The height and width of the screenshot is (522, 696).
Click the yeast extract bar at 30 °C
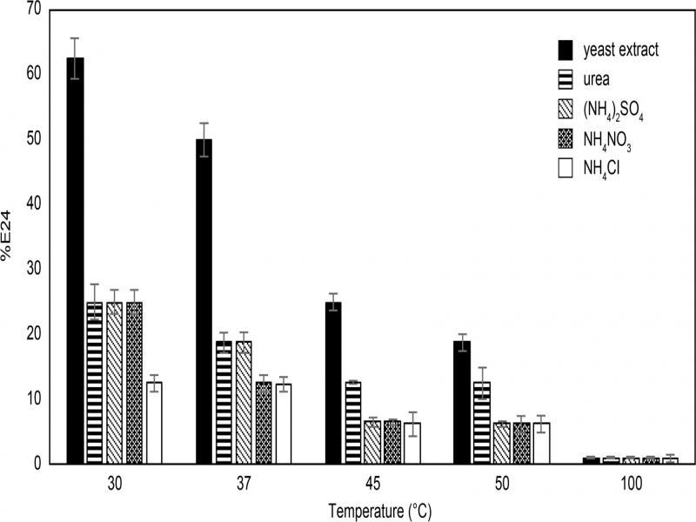75,260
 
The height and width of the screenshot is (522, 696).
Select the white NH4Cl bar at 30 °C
154,423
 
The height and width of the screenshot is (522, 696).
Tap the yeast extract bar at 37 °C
204,301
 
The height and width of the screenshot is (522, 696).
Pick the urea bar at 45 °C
353,423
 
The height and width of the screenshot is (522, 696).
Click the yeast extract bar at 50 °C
462,403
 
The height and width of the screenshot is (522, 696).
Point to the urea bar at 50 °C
482,423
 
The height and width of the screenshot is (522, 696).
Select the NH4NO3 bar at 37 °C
264,423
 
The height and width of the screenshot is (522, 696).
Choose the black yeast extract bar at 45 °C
333,383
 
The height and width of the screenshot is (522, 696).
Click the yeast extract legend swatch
565,50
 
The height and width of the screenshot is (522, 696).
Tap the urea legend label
596,79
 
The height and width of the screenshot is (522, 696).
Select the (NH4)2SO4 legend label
613,110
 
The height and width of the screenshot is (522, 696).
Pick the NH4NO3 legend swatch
565,138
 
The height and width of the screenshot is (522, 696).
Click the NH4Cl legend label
601,169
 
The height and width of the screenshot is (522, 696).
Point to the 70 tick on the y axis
34,9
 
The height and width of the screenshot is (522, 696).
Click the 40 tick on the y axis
34,204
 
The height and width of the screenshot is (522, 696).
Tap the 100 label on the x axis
632,484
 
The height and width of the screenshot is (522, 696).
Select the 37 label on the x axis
244,484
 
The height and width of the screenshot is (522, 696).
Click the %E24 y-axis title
6,236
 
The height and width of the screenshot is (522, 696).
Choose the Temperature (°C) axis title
380,511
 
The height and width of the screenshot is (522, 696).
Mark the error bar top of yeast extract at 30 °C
75,38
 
